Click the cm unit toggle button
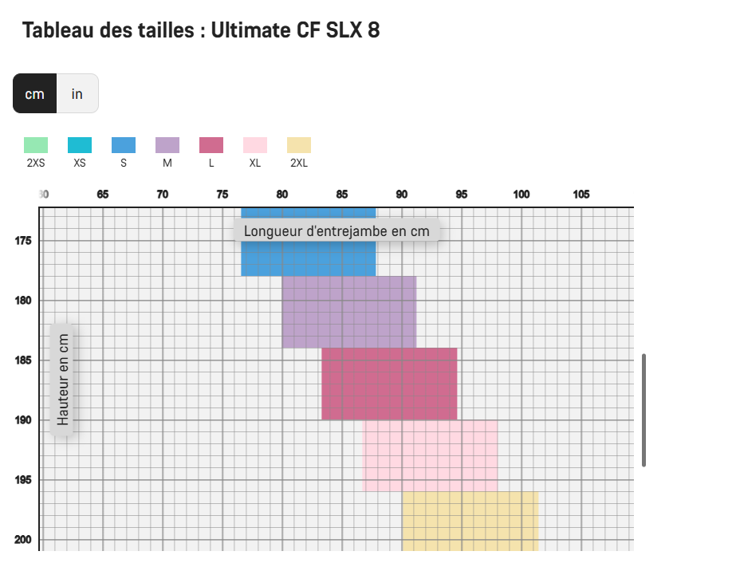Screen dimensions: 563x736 [x=34, y=93]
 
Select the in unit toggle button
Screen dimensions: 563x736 [x=77, y=93]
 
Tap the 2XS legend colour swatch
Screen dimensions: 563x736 [x=36, y=145]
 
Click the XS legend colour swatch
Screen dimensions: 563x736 [x=80, y=145]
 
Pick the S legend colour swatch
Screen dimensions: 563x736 [x=124, y=145]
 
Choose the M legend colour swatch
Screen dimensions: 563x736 [x=167, y=145]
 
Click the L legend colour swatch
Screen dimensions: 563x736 [x=211, y=145]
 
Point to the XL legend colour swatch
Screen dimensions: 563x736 [x=255, y=145]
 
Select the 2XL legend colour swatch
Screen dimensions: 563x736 [x=299, y=145]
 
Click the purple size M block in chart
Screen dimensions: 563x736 [x=348, y=312]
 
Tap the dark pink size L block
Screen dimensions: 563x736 [x=389, y=384]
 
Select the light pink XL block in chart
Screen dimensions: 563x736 [x=431, y=455]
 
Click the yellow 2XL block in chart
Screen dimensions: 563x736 [x=470, y=521]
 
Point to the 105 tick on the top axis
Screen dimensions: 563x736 [x=581, y=195]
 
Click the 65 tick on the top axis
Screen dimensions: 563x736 [x=103, y=195]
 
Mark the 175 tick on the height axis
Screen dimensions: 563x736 [x=24, y=241]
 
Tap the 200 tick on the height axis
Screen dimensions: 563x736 [x=24, y=540]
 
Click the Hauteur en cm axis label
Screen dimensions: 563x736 [x=63, y=379]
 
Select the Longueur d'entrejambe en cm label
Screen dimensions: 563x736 [x=337, y=231]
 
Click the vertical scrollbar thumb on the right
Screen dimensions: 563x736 [x=644, y=410]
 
